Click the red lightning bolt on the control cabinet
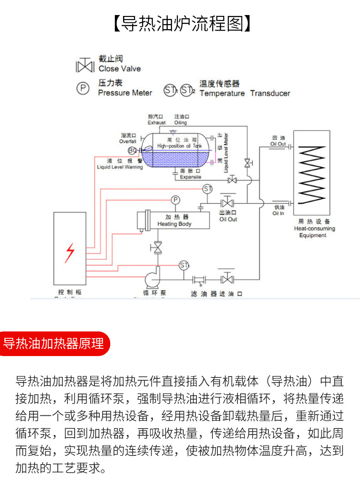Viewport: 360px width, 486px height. point(70,253)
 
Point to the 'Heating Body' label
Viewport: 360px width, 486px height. point(175,224)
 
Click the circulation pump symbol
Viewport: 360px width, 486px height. point(152,279)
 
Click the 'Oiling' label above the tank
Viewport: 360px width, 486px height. point(180,123)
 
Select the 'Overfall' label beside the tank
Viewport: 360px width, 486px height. point(128,141)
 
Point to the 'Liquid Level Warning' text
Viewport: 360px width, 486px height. point(120,167)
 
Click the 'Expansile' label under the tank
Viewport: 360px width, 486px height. point(190,177)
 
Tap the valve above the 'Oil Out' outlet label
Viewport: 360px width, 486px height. point(227,202)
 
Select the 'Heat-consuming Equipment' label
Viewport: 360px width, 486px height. point(314,232)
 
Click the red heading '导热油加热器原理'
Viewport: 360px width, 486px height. point(53,343)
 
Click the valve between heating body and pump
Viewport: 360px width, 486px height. point(158,248)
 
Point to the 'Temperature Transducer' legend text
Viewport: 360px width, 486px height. point(245,93)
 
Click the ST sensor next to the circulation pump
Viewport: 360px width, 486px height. point(184,265)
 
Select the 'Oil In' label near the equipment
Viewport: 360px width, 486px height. point(278,213)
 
